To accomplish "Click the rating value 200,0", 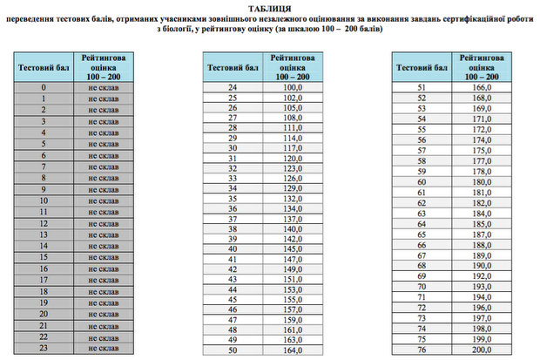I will [x=483, y=350].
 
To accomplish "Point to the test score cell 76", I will [x=422, y=350].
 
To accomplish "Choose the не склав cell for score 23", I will [x=103, y=349].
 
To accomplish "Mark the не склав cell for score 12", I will [x=103, y=224].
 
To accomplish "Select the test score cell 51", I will [x=422, y=88].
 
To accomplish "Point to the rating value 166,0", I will [x=483, y=88].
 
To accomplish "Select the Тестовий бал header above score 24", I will [x=233, y=66].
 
